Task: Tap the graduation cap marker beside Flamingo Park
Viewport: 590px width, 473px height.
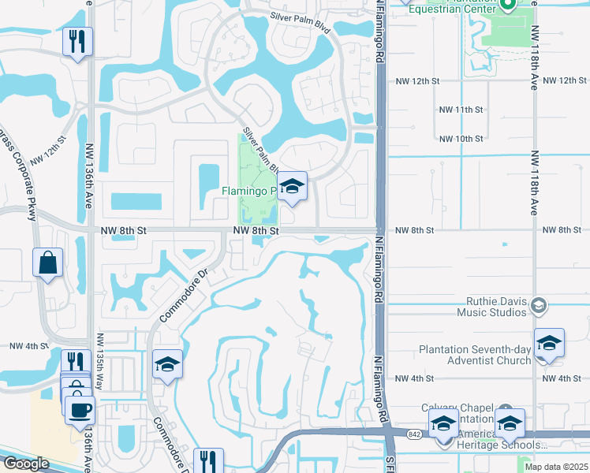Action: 293,188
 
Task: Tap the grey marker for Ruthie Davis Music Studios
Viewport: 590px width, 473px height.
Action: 539,305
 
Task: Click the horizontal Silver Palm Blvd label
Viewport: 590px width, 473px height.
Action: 300,16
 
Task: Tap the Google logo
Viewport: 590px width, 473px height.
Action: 26,464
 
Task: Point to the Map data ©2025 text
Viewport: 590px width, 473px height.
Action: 556,467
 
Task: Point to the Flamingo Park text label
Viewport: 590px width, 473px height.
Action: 248,191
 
